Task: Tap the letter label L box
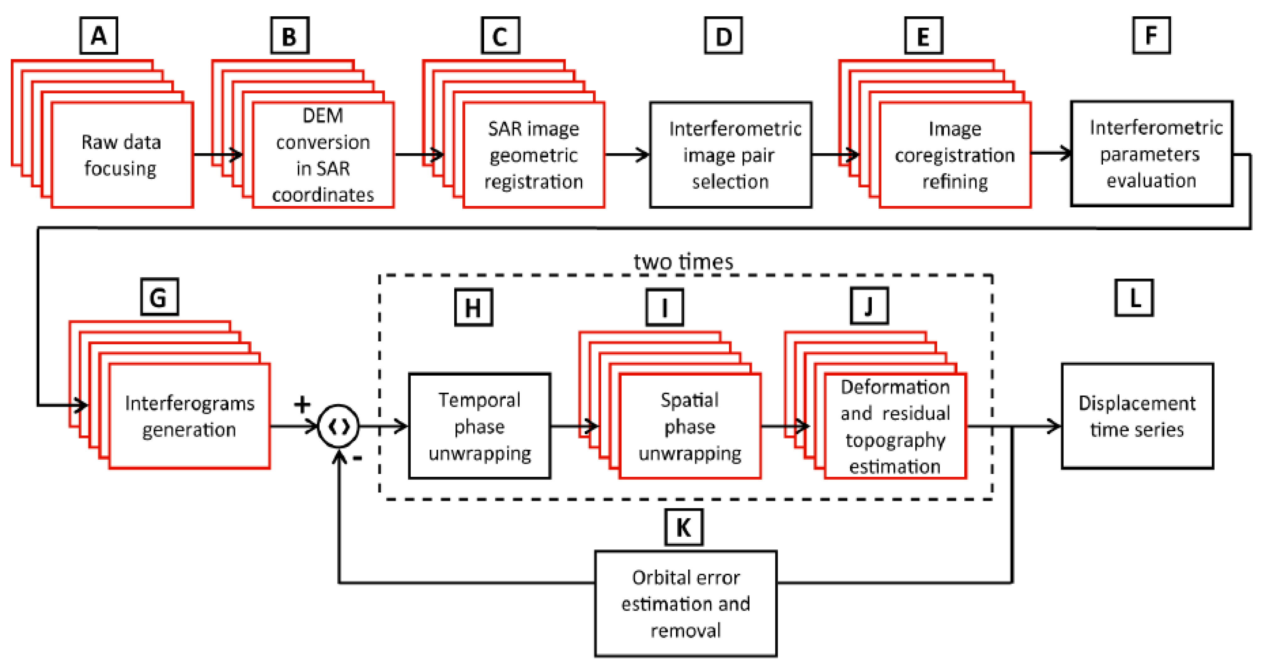[1134, 298]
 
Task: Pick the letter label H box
[473, 308]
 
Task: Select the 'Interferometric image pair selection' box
[730, 155]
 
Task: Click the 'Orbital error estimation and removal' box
[685, 603]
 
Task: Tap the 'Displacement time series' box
[1137, 416]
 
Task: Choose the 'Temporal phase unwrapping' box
[479, 426]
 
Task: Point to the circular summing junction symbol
[338, 426]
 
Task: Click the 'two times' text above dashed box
[684, 262]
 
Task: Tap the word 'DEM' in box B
[323, 116]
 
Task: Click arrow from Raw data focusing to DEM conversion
[218, 155]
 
